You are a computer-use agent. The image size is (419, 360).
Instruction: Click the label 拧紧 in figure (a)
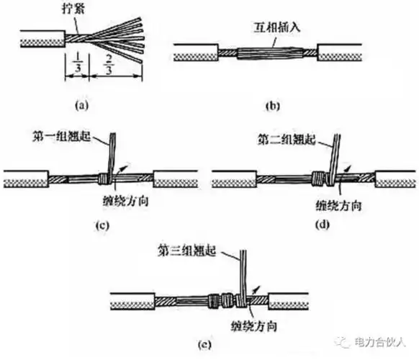pyautogui.click(x=75, y=9)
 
